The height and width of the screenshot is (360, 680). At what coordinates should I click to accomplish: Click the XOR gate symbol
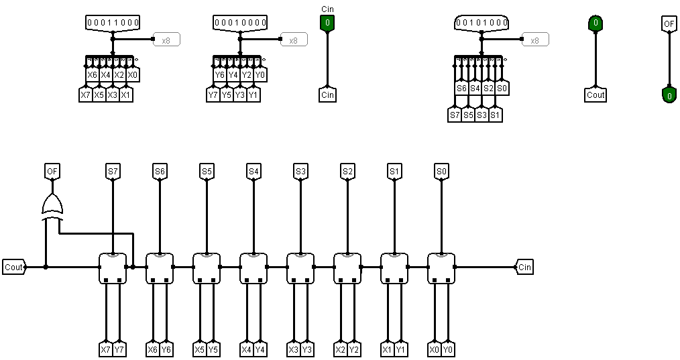[52, 206]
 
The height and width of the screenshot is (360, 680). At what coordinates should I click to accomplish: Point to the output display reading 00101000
[481, 23]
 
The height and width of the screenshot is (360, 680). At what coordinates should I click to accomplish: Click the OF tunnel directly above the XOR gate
[52, 172]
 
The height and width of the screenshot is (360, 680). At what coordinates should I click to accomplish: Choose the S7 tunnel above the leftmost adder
[113, 172]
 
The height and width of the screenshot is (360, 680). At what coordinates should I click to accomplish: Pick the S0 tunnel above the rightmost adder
[441, 172]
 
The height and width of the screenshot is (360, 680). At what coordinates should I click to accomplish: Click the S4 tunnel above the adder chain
[253, 172]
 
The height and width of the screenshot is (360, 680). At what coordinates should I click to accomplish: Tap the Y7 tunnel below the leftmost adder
[119, 349]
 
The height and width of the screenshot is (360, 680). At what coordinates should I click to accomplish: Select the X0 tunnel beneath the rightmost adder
[435, 349]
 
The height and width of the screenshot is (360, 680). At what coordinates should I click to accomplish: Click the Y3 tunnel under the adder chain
[306, 349]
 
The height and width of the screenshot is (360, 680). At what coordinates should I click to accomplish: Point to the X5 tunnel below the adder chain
[200, 349]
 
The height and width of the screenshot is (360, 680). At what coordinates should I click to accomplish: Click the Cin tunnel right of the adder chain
[524, 267]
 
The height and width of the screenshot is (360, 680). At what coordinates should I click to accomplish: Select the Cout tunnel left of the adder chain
[13, 267]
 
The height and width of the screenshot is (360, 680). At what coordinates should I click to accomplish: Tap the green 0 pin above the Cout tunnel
[595, 23]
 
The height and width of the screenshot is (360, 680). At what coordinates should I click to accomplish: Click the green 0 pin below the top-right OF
[669, 96]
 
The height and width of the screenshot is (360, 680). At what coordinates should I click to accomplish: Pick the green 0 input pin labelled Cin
[327, 23]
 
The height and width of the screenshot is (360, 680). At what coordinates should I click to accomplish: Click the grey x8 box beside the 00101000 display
[535, 40]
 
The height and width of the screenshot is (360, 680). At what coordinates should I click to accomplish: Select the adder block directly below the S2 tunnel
[347, 268]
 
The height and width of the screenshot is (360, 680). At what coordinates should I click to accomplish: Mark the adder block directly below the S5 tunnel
[207, 268]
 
